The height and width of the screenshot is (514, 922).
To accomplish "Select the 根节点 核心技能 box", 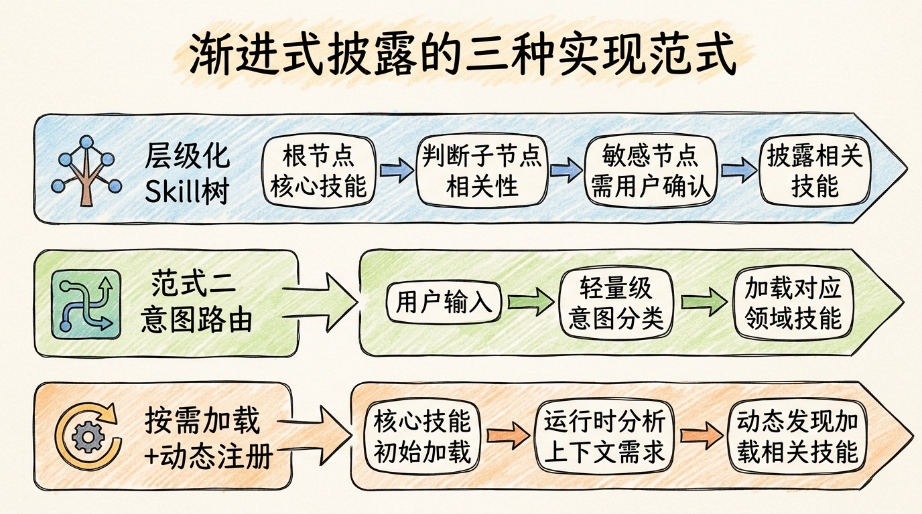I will click(318, 171).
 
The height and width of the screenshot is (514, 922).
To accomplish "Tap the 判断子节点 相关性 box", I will click(482, 171).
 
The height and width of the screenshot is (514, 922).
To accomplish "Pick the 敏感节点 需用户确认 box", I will click(650, 171).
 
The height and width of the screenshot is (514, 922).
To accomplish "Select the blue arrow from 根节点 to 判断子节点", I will click(397, 171).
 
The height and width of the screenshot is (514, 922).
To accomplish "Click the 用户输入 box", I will click(444, 303).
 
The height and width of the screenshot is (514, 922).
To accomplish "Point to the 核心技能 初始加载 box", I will click(422, 436).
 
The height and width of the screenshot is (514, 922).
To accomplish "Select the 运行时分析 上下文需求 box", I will click(604, 436).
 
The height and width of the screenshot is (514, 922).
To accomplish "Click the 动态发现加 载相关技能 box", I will click(797, 436).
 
